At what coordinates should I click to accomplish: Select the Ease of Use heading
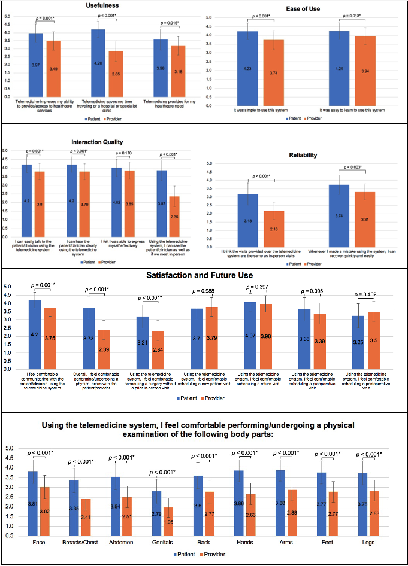[x=304, y=8]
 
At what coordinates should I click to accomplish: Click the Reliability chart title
[x=303, y=155]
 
